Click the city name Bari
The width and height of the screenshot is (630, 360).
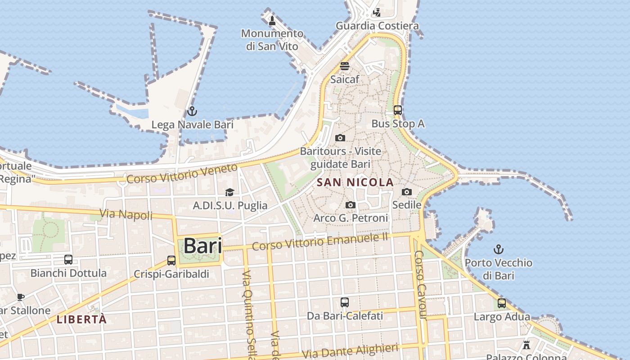202,246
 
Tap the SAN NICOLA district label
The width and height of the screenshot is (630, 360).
355,182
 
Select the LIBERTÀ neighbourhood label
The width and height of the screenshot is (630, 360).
81,319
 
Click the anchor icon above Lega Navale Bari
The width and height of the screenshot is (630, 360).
192,111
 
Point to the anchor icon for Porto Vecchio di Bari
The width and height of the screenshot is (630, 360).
498,249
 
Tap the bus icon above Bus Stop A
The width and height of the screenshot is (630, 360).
397,110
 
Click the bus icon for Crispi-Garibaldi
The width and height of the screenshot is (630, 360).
171,260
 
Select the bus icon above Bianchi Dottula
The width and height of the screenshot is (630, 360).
68,260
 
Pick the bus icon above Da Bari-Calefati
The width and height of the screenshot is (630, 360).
345,302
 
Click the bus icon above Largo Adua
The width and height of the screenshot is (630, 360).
502,303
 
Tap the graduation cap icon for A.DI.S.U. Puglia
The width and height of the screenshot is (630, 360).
230,192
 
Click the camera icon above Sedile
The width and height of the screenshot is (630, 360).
407,192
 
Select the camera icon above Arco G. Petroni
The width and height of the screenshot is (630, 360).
351,205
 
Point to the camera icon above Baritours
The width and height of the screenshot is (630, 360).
340,138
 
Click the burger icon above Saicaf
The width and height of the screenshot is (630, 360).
345,66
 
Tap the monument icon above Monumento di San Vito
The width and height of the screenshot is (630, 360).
272,20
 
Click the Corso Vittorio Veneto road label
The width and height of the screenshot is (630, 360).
182,174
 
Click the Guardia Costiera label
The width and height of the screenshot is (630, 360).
377,26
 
